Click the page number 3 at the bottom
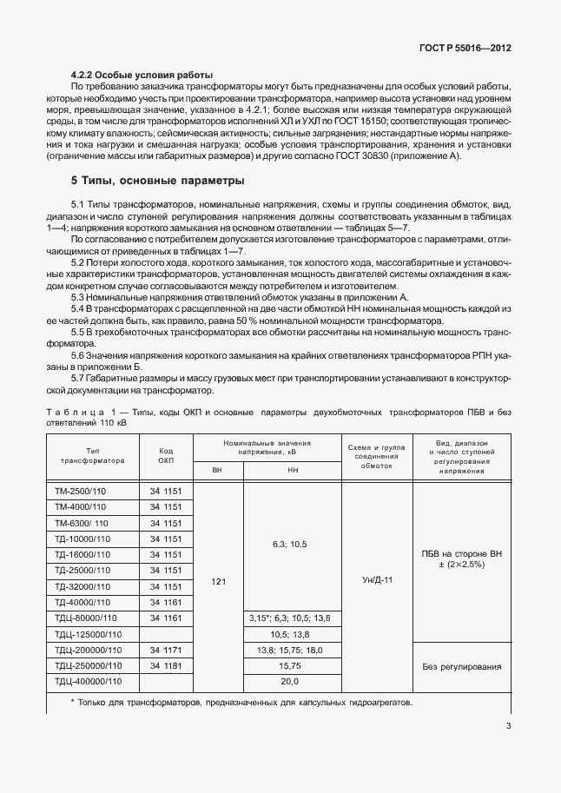pos(506,728)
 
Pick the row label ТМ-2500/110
pos(80,492)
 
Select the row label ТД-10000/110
pos(82,539)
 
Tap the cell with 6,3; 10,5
pos(290,544)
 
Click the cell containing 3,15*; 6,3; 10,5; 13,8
pos(291,618)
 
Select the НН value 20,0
pos(290,682)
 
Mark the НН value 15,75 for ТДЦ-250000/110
pos(290,666)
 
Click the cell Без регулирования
pos(461,666)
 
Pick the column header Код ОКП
pos(166,455)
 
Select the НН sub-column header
pos(291,472)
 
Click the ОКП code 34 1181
pos(166,666)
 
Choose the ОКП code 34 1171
pos(166,650)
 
